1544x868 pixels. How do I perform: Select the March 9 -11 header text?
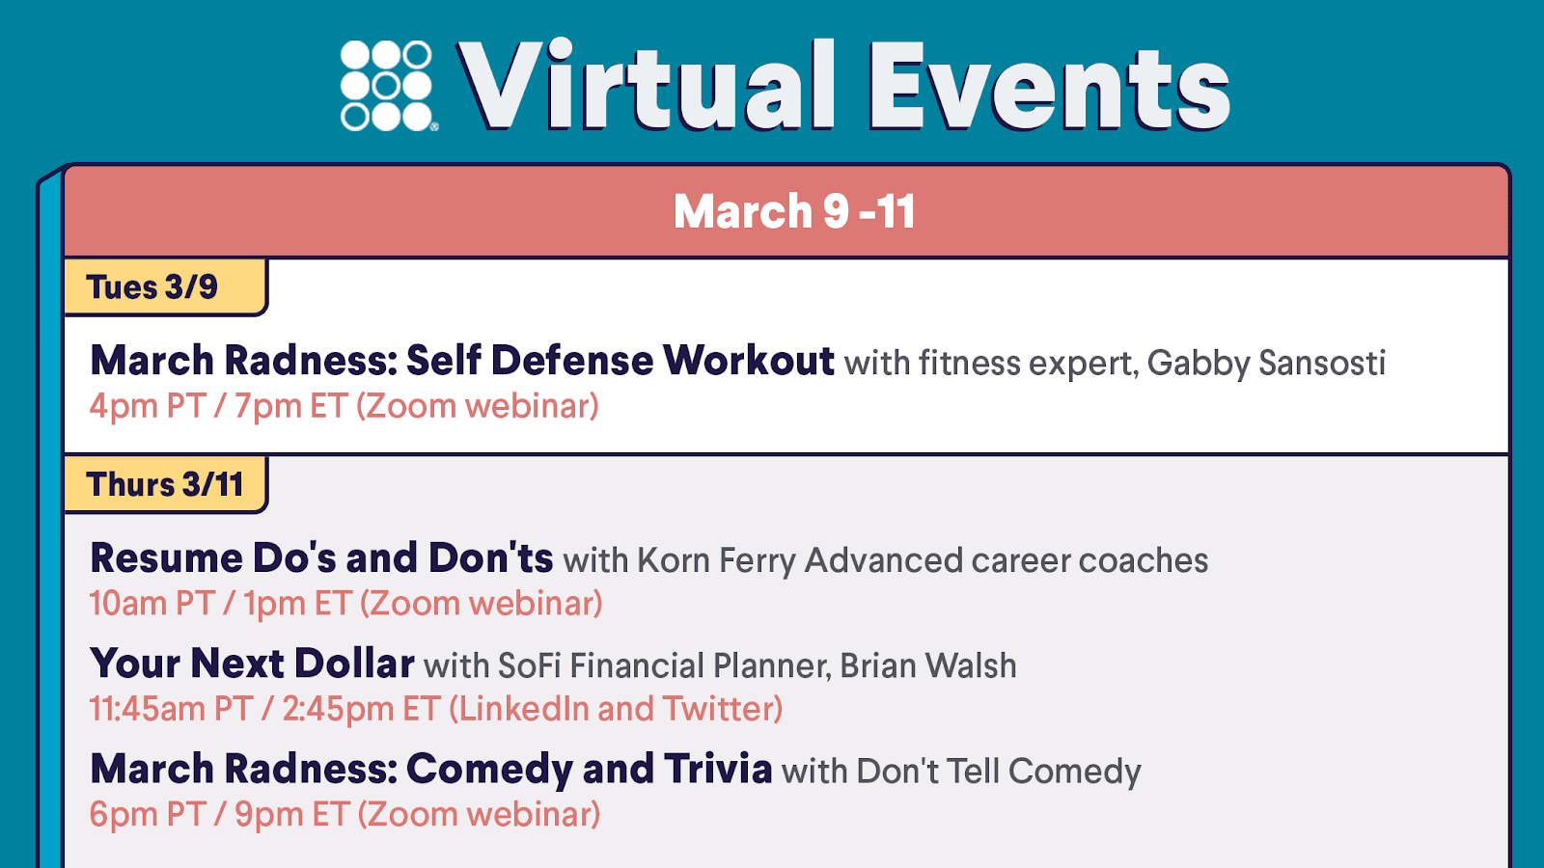tap(794, 211)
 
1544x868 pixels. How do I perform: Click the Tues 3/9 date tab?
tap(165, 287)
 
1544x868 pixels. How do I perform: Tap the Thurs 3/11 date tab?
tap(165, 484)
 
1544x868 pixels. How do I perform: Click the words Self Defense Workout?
tap(620, 361)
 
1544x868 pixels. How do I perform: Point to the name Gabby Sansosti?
tap(1266, 364)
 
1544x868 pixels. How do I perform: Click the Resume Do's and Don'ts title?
tap(321, 557)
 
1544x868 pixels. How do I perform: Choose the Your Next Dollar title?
tap(252, 664)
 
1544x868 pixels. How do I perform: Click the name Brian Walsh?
tap(927, 666)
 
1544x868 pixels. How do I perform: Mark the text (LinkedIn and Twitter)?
tap(616, 709)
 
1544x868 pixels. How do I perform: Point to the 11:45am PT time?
tap(171, 709)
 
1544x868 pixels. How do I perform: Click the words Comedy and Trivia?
tap(589, 769)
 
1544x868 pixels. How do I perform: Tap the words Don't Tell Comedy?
tap(999, 772)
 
